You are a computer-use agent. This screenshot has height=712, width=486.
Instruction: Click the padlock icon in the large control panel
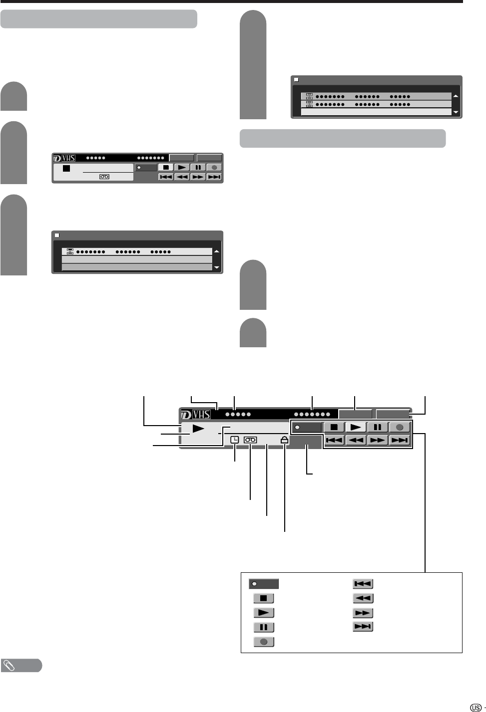(284, 440)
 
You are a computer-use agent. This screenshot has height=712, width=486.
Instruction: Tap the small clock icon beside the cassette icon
(235, 440)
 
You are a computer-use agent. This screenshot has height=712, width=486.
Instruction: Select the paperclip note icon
(9, 665)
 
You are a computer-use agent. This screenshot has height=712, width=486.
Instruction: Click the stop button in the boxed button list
(264, 598)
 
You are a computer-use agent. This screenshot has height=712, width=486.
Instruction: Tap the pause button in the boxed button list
(264, 627)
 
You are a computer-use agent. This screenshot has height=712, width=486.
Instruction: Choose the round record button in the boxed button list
(264, 642)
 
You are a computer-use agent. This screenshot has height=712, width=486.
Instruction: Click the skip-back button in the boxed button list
(363, 584)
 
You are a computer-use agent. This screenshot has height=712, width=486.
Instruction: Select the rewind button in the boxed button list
(363, 598)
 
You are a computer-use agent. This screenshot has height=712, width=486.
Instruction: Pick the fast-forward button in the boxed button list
(363, 613)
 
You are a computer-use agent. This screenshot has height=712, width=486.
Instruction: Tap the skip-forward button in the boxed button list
(363, 627)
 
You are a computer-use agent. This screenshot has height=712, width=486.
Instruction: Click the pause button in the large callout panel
(378, 428)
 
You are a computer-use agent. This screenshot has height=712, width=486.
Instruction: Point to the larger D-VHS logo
(195, 414)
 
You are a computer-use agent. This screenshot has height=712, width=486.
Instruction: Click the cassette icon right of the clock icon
(250, 440)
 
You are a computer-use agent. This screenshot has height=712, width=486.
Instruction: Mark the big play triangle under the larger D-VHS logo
(198, 429)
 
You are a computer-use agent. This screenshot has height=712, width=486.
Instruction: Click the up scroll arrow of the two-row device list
(455, 96)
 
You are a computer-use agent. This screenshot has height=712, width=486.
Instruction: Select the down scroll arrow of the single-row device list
(216, 267)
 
